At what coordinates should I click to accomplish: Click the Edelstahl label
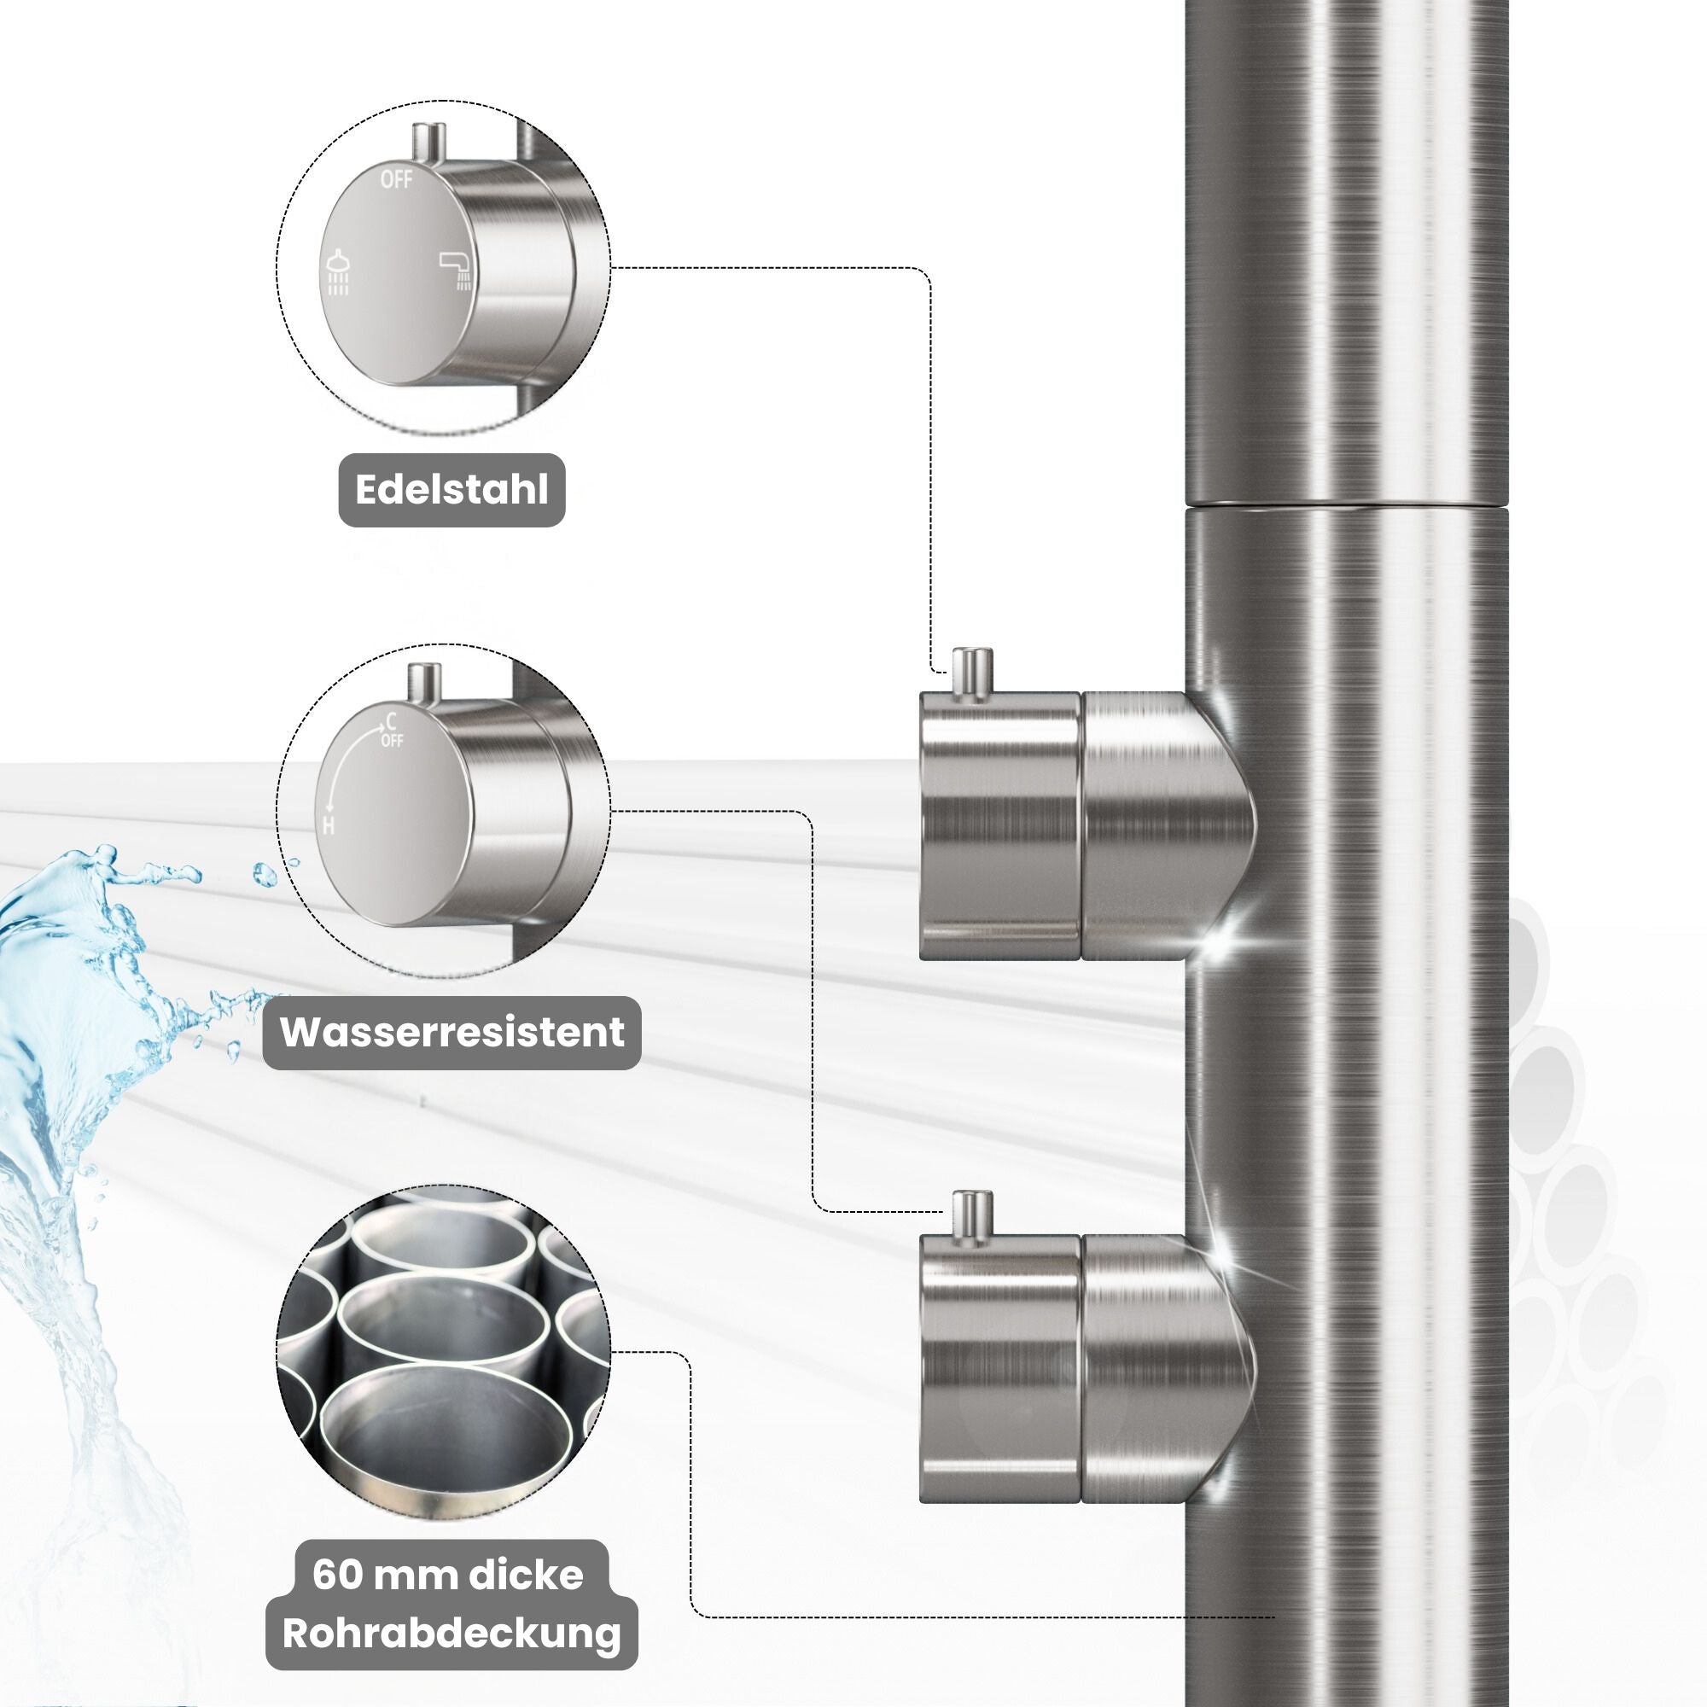(x=452, y=491)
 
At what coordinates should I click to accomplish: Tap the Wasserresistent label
(x=452, y=1032)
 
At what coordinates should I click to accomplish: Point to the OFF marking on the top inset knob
(x=396, y=179)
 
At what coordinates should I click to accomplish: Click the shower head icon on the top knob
(x=337, y=273)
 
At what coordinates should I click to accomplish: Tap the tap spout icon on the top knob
(x=457, y=270)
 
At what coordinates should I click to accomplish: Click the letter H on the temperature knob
(x=329, y=826)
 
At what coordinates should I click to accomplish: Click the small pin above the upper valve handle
(x=971, y=674)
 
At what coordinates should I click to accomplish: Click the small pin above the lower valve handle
(x=971, y=1216)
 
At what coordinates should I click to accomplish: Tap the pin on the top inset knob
(x=429, y=142)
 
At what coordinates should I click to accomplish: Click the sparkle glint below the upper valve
(x=1227, y=936)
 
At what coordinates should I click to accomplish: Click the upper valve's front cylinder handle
(x=999, y=826)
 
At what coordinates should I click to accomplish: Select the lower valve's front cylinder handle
(x=999, y=1370)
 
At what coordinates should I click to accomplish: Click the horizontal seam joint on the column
(x=1343, y=507)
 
